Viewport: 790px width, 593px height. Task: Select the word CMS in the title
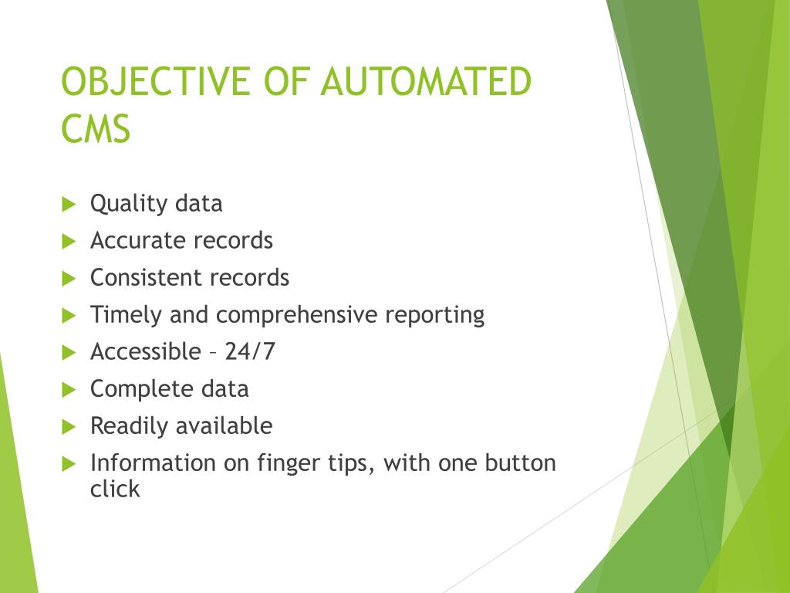(x=96, y=128)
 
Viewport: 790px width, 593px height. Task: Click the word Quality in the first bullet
(x=129, y=204)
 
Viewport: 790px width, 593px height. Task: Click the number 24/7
(x=250, y=351)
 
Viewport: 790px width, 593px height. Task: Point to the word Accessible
(x=145, y=351)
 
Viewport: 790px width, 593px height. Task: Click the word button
(x=520, y=463)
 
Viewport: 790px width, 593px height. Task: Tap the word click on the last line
(x=115, y=489)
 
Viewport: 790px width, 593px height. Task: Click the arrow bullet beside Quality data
(x=69, y=205)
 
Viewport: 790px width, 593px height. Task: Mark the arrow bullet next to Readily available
(x=69, y=426)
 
